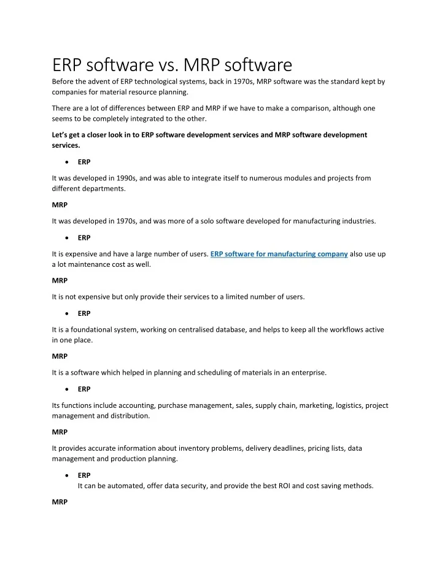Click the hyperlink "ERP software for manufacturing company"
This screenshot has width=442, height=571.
click(x=279, y=254)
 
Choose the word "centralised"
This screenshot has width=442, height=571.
click(x=209, y=329)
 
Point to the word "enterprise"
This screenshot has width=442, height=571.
click(x=337, y=372)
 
